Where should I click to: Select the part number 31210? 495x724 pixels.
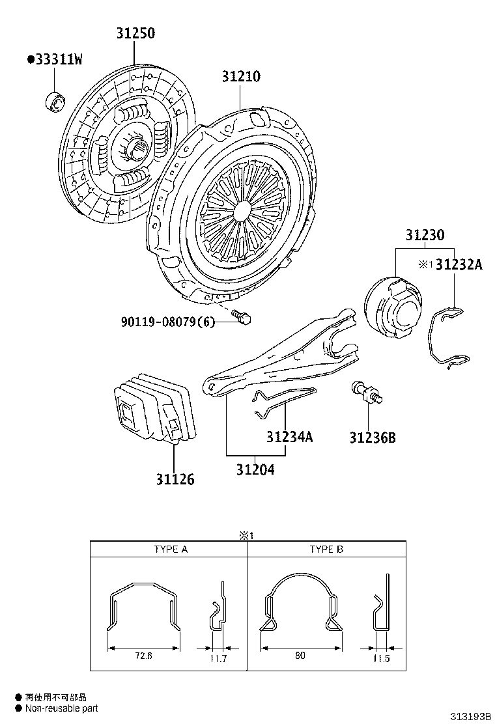coord(240,77)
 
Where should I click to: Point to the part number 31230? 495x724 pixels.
coord(425,236)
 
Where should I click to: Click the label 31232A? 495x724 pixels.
coord(459,264)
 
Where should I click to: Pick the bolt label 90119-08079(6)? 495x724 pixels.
coord(167,322)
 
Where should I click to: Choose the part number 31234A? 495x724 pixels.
coord(289,437)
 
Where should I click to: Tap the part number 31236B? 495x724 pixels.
coord(372,438)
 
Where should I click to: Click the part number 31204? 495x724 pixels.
coord(255,469)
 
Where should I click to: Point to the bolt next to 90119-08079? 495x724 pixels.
coord(244,317)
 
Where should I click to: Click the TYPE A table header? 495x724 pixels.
coord(171,550)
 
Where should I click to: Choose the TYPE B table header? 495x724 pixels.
coord(326,550)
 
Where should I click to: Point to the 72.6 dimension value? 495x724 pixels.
coord(143,656)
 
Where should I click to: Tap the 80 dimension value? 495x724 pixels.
coord(300,656)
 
